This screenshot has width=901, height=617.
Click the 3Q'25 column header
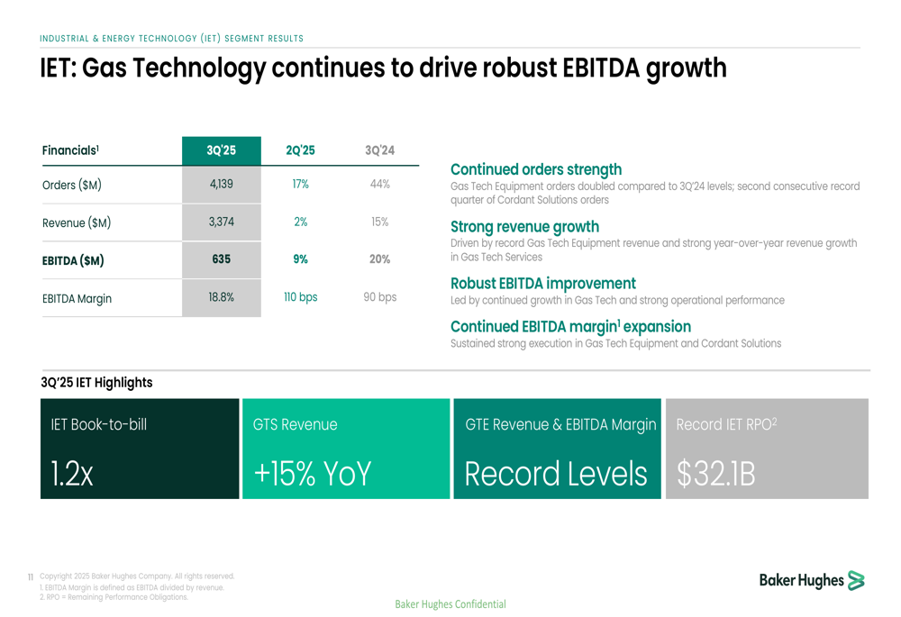[221, 150]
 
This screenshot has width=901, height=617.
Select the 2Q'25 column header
[300, 150]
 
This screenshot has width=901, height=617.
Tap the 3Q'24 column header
[379, 150]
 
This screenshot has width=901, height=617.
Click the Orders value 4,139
[221, 185]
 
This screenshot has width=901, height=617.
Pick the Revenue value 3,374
[221, 222]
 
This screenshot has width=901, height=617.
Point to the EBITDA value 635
[221, 259]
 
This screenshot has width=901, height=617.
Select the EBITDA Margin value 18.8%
[221, 297]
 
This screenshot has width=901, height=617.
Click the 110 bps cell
[300, 297]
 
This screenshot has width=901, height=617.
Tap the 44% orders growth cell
[379, 185]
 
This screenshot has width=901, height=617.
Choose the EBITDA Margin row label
[77, 298]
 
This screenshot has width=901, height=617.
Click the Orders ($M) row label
[72, 186]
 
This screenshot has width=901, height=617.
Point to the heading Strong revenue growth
[524, 227]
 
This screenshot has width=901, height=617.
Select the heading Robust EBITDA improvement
[542, 284]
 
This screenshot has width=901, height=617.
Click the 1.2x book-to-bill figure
[72, 474]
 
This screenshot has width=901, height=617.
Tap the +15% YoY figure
[312, 474]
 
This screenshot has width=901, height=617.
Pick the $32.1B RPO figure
[716, 474]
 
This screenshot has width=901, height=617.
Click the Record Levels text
[556, 474]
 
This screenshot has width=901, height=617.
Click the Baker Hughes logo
[811, 581]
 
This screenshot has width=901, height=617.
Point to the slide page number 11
[31, 577]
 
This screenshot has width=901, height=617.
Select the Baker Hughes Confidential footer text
[450, 604]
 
